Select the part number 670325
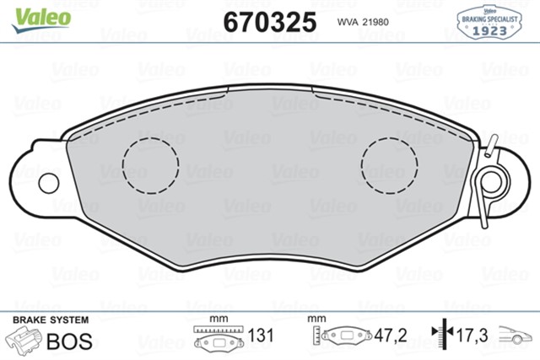[269, 19]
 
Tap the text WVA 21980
[364, 21]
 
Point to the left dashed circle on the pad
[151, 163]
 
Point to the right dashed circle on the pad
[390, 163]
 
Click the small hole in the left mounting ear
[47, 183]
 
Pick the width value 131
[262, 336]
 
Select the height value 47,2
[391, 336]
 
